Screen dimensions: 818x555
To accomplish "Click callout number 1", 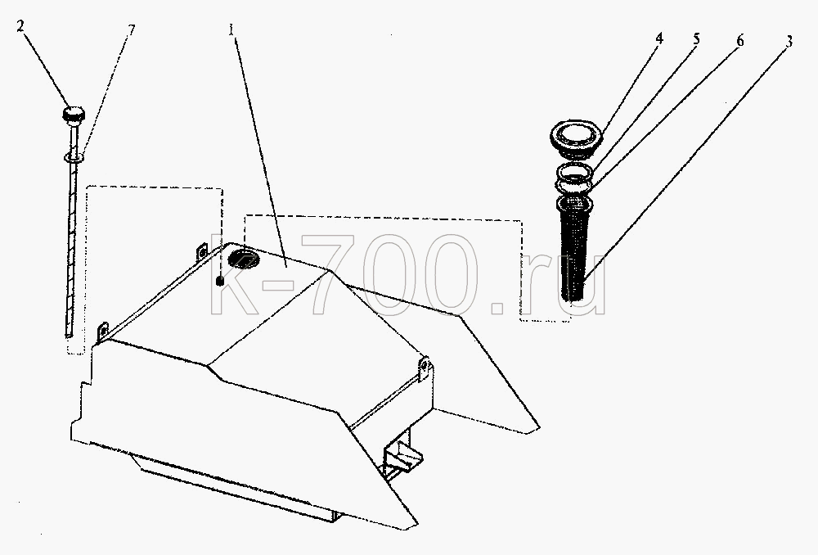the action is (x=231, y=29).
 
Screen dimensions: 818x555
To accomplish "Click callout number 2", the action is (x=20, y=25).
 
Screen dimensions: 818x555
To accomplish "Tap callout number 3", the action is (x=789, y=41).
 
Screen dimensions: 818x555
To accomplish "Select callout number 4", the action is (x=659, y=38).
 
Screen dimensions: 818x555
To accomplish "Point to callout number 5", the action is (x=696, y=39).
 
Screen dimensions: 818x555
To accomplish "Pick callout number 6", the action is (x=739, y=40).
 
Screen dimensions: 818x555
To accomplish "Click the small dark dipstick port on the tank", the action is (x=219, y=282).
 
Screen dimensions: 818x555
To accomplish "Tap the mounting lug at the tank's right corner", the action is (x=425, y=368).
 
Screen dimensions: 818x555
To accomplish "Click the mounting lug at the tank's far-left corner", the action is (x=102, y=332).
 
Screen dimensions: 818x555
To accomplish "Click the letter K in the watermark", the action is (x=234, y=275).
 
